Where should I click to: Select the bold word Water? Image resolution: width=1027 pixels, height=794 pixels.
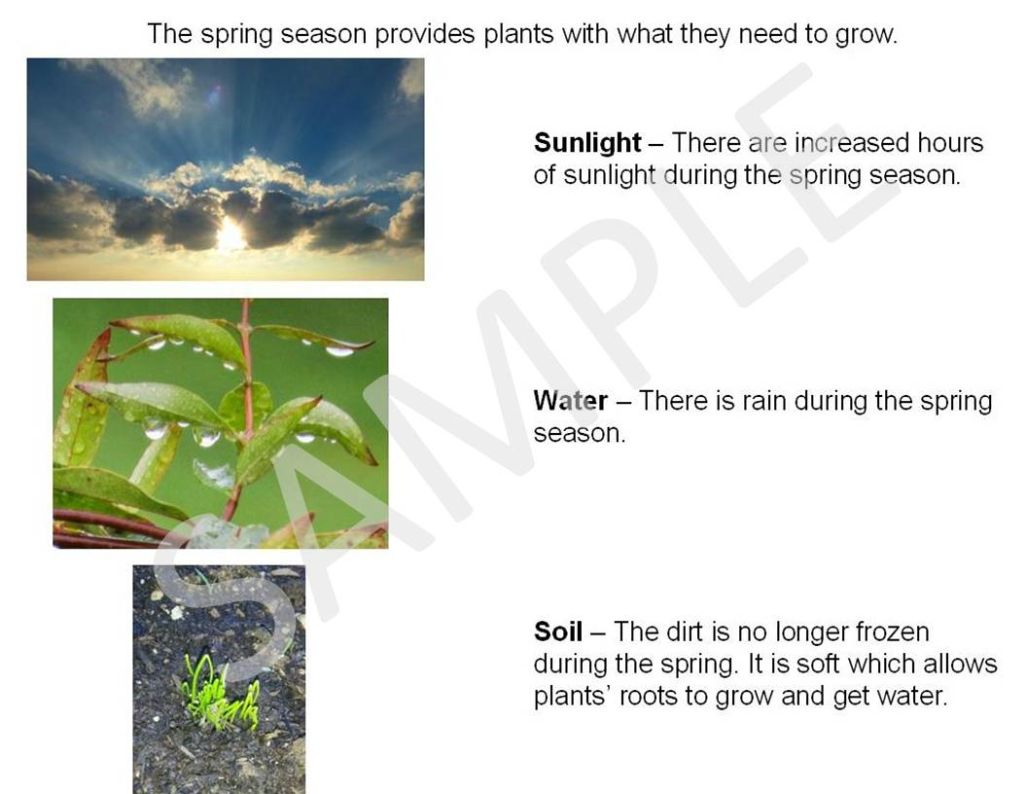coord(571,400)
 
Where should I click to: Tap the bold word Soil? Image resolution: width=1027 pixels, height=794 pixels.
coord(558,632)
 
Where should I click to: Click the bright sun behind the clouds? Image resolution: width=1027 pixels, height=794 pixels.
coord(230,234)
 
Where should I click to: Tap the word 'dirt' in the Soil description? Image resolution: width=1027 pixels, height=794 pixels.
coord(685,632)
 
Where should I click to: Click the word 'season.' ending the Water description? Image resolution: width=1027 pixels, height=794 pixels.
coord(580,434)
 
